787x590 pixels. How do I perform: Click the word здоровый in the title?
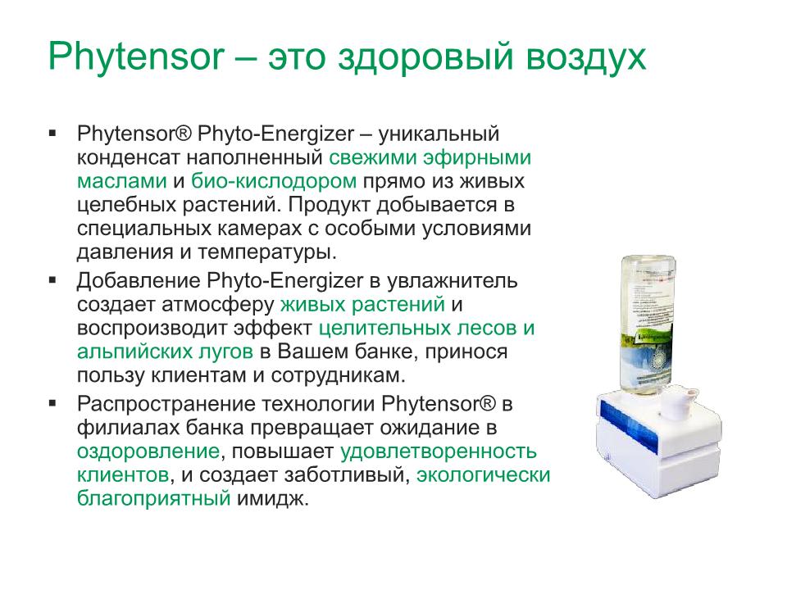425,57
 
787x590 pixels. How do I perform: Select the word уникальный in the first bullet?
439,134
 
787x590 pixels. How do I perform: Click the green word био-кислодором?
274,180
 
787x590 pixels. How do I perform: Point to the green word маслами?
122,181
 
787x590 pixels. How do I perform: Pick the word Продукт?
330,205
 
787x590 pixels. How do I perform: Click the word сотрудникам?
338,375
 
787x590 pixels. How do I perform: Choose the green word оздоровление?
148,452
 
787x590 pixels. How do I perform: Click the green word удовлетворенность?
439,452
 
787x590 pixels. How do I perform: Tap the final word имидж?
272,499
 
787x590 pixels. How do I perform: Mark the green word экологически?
484,475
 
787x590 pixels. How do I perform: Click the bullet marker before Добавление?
52,280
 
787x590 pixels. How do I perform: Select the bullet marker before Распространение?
52,403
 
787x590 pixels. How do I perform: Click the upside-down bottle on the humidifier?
648,324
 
